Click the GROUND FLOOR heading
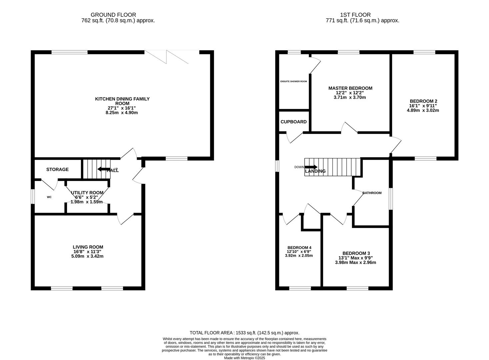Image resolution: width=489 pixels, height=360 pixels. click(113, 15)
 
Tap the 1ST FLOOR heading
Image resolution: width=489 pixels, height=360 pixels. click(355, 15)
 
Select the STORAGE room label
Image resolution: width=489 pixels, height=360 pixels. click(57, 169)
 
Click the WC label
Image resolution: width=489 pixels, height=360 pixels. click(49, 197)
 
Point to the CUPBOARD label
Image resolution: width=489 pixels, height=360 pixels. click(294, 122)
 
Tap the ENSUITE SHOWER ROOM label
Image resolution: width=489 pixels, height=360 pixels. click(294, 81)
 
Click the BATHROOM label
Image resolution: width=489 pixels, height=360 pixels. click(372, 193)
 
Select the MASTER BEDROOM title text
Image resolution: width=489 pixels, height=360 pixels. click(350, 88)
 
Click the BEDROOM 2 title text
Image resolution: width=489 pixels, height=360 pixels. click(424, 101)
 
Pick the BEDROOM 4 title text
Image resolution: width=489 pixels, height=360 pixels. click(299, 248)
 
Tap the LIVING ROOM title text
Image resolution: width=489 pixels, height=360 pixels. click(88, 247)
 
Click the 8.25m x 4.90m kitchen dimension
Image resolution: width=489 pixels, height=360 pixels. click(122, 113)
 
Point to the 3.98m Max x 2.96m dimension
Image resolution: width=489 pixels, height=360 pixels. click(356, 262)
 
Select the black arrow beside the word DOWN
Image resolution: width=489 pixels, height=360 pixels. click(311, 167)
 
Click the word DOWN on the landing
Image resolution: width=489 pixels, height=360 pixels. click(299, 167)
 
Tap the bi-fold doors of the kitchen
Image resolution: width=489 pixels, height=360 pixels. click(166, 57)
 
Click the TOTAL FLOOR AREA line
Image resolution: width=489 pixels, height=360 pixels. click(245, 333)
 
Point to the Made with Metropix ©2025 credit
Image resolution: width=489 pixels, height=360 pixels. click(245, 358)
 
